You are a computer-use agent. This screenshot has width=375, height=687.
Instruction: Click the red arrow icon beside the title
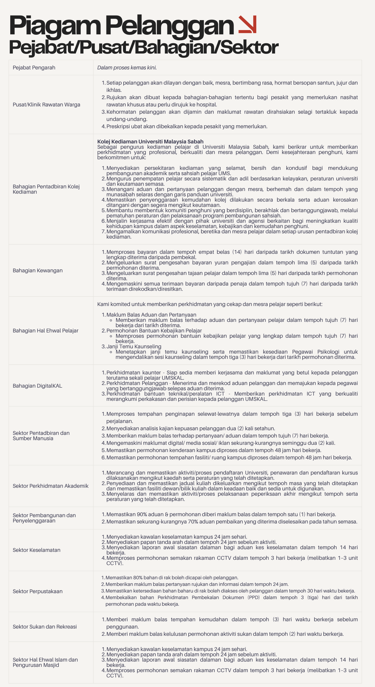(247, 24)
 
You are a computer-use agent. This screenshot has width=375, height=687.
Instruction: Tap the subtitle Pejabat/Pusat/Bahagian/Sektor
(143, 47)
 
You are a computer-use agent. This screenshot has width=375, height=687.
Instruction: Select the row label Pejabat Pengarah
(34, 67)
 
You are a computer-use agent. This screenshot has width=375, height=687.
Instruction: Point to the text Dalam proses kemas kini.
(127, 67)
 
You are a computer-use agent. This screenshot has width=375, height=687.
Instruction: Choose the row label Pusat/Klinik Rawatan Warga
(46, 104)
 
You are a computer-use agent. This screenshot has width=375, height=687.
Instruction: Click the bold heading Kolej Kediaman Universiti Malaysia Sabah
(150, 141)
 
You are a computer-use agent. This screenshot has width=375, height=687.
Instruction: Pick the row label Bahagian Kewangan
(37, 270)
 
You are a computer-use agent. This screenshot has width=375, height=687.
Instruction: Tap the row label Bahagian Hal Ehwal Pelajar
(45, 330)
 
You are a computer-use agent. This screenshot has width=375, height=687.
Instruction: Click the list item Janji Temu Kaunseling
(134, 346)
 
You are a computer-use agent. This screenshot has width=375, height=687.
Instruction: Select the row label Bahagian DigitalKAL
(37, 386)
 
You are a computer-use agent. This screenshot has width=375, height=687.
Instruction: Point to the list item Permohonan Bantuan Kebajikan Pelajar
(154, 330)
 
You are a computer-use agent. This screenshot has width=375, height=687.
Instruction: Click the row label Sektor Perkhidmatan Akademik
(51, 486)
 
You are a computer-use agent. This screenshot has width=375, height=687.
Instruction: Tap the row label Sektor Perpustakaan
(37, 591)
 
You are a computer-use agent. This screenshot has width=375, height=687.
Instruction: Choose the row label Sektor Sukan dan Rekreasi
(45, 627)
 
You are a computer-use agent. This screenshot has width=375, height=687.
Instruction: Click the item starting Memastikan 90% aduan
(221, 514)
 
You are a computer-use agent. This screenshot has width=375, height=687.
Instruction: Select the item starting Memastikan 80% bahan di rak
(172, 578)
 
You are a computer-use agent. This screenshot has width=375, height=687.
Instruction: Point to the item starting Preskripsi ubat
(187, 126)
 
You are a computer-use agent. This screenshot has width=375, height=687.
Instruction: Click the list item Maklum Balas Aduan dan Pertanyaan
(151, 315)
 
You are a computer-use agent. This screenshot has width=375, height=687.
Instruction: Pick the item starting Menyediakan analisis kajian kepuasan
(190, 428)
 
